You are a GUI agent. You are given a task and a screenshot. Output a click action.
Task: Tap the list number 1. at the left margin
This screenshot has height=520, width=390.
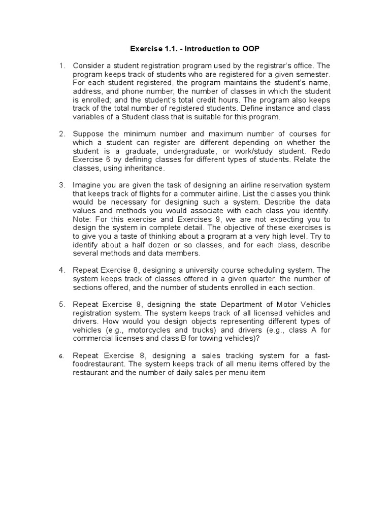62,66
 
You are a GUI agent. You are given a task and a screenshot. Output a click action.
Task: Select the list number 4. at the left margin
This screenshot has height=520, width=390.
62,270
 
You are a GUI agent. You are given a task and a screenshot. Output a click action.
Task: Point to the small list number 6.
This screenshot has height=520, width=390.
61,356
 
